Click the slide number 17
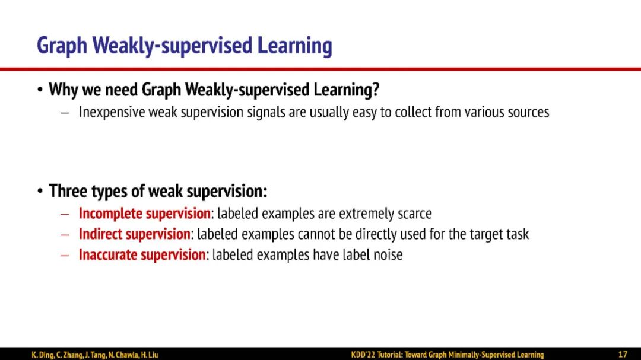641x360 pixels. coord(623,355)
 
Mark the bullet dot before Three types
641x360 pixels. coord(40,190)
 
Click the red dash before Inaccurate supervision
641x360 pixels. coord(65,256)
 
